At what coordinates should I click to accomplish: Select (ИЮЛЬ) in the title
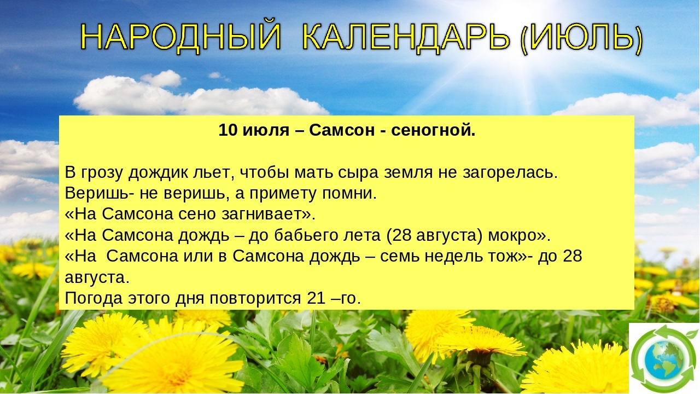pyautogui.click(x=581, y=38)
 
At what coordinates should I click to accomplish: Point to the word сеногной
pyautogui.click(x=433, y=130)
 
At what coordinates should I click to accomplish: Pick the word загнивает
pyautogui.click(x=269, y=215)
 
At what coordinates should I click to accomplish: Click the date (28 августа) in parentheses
pyautogui.click(x=434, y=235)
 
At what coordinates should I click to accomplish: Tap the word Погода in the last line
pyautogui.click(x=94, y=299)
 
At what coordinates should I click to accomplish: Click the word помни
pyautogui.click(x=349, y=194)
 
